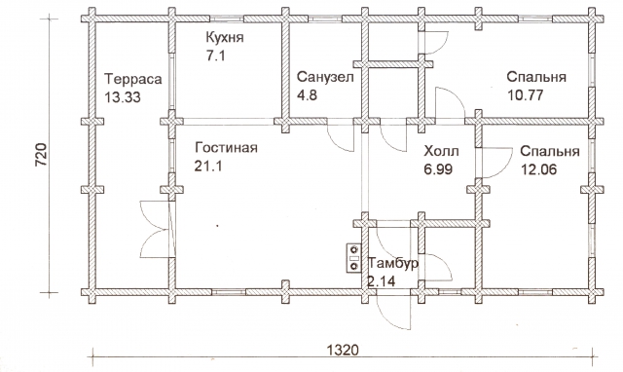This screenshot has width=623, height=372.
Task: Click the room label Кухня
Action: [225, 38]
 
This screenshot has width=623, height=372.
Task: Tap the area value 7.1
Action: [215, 56]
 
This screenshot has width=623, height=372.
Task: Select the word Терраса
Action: [132, 79]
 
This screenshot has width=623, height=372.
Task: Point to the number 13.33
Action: [122, 97]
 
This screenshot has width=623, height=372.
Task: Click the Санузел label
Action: [325, 77]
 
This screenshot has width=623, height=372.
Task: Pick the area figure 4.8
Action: [307, 95]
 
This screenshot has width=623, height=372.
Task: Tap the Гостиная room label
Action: [226, 148]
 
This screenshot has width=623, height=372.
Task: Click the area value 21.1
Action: [207, 167]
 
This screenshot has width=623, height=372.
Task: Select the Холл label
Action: [441, 151]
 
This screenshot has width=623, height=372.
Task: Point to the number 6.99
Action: [438, 169]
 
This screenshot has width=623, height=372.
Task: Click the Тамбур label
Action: [393, 264]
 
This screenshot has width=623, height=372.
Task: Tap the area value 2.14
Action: [381, 281]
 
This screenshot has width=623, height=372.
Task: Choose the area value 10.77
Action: [525, 95]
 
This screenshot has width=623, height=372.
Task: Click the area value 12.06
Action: [538, 169]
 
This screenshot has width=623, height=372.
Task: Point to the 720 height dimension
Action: [41, 155]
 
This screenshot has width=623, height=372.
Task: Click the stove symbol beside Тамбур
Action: [353, 258]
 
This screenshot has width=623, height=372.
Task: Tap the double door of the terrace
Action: [158, 229]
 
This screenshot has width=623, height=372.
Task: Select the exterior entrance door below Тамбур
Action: [393, 310]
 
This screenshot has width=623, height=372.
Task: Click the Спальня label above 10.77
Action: [536, 77]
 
